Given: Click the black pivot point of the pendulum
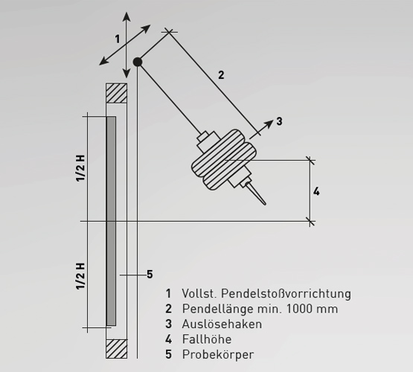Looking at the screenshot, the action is [138, 62].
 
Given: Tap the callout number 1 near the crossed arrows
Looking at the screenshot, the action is [118, 39].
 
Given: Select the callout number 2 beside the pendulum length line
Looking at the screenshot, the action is [221, 75].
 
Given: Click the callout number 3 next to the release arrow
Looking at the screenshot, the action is [279, 121].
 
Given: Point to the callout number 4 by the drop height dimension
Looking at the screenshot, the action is [316, 191].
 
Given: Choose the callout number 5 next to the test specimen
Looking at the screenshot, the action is [150, 275].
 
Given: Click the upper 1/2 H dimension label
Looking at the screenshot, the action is [80, 168].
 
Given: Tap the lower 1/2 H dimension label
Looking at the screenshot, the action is [80, 276].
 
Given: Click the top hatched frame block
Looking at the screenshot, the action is [116, 93].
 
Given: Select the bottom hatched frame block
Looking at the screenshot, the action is [116, 349].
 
